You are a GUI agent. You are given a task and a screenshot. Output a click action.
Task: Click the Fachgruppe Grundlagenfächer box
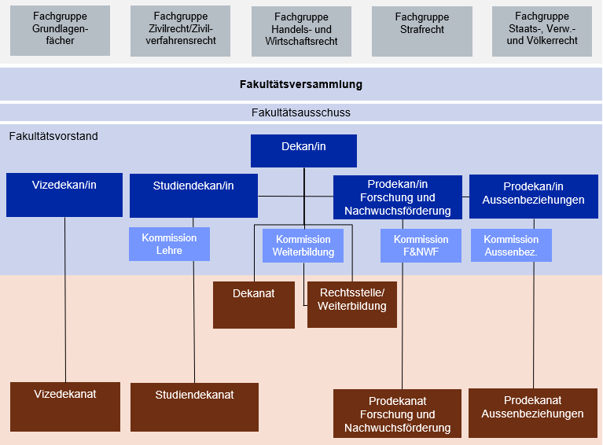click(60, 31)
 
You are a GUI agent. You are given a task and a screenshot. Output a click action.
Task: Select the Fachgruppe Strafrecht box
click(421, 31)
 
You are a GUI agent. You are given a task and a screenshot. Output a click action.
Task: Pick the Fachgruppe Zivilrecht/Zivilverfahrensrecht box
click(180, 31)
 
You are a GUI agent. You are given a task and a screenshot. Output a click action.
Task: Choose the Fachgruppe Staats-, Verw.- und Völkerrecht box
click(542, 31)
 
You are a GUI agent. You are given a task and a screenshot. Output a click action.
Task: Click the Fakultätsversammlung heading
click(301, 84)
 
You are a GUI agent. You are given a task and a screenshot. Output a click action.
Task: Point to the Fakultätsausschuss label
click(301, 112)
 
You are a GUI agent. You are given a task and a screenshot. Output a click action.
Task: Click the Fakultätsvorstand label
click(53, 136)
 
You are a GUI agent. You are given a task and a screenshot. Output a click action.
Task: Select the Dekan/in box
click(303, 150)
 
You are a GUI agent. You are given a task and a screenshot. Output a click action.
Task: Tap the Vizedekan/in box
click(64, 194)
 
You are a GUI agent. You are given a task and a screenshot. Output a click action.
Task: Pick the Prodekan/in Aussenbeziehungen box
click(533, 196)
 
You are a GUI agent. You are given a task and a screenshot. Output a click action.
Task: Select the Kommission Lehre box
click(169, 244)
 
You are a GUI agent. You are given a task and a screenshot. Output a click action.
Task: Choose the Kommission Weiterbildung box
click(303, 245)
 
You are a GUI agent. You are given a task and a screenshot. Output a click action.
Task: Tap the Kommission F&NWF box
click(421, 245)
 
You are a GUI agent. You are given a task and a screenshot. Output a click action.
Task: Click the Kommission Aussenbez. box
click(511, 245)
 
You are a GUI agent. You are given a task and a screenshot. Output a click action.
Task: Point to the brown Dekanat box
click(254, 304)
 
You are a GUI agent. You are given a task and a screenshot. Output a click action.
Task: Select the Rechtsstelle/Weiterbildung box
click(351, 304)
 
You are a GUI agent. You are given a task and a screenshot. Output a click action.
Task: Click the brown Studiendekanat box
click(194, 406)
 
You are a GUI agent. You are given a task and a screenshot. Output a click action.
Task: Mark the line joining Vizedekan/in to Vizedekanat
click(64, 299)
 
